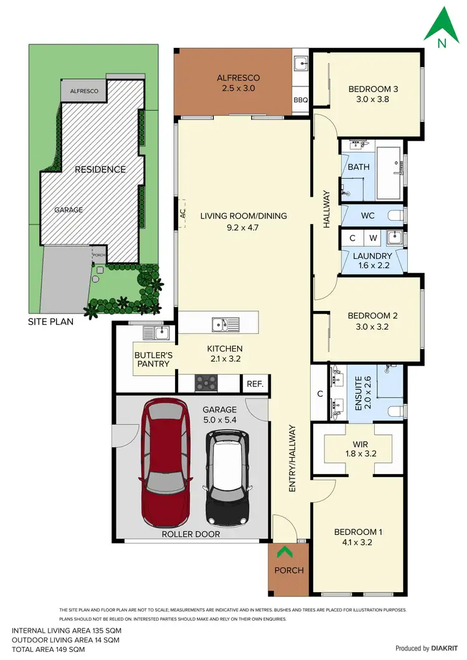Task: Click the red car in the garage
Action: point(166,463)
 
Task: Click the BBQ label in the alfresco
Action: point(300,100)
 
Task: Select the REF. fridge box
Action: point(255,384)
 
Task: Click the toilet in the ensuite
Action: point(395,411)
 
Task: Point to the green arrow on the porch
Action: point(286,551)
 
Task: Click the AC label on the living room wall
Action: point(182,213)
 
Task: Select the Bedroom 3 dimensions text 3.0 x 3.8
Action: point(372,98)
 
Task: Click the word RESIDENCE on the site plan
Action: point(100,169)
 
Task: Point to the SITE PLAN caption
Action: point(50,322)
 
